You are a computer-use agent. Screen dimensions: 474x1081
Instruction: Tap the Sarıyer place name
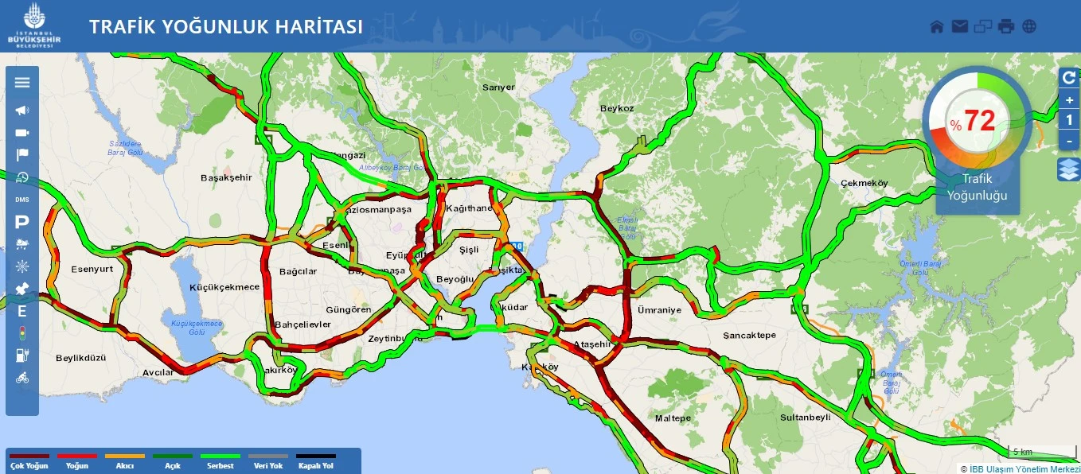(x=498, y=87)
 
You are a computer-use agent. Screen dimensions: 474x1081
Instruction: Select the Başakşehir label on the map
(x=225, y=177)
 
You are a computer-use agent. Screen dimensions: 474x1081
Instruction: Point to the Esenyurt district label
(x=92, y=269)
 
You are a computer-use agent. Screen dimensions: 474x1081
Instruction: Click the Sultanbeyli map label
(x=805, y=417)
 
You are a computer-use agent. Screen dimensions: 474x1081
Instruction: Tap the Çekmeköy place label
(x=864, y=183)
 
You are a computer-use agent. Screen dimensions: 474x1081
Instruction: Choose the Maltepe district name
(x=672, y=418)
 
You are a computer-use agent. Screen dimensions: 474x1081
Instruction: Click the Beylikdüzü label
(x=80, y=358)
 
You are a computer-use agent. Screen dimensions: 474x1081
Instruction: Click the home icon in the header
(x=937, y=26)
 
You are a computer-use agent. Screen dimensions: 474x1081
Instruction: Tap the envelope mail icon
(x=959, y=26)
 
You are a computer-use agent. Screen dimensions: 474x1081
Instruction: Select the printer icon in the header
(x=1006, y=26)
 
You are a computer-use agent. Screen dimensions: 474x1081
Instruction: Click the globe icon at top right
(x=1029, y=26)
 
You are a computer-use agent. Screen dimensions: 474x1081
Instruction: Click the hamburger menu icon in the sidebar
(x=22, y=82)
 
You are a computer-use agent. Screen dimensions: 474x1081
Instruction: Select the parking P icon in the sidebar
(x=22, y=223)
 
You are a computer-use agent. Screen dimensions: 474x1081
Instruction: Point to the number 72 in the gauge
(x=980, y=121)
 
